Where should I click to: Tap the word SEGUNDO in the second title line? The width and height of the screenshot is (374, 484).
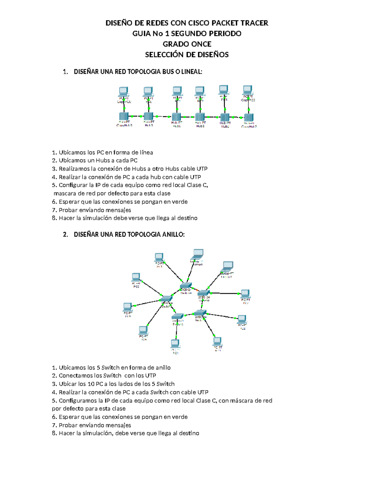(188, 33)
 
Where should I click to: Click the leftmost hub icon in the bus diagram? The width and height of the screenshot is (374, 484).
(124, 117)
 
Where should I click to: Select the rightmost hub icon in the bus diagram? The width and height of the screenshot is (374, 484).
(249, 117)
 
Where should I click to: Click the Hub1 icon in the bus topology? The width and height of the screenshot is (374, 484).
(176, 117)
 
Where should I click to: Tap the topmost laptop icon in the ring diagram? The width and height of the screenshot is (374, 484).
(198, 254)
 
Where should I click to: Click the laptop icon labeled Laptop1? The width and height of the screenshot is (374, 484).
(227, 267)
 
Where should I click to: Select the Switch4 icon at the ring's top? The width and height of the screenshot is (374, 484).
(186, 285)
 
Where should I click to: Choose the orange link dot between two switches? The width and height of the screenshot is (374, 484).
(197, 290)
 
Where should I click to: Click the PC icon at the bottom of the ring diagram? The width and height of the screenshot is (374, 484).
(175, 344)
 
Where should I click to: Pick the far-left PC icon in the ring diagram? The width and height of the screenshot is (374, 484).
(127, 307)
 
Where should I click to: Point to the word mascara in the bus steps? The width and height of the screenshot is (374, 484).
(65, 194)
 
